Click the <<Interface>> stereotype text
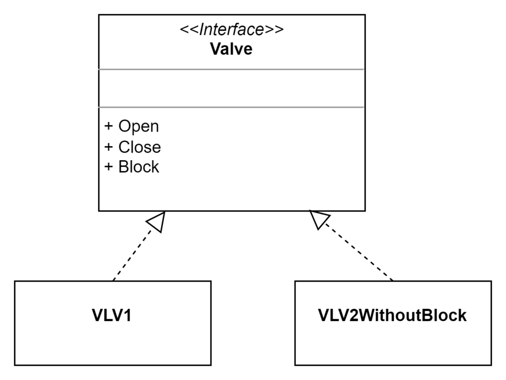pos(232,30)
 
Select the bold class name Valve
pos(231,49)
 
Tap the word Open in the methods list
pos(139,126)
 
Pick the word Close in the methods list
pos(139,147)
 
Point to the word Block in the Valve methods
pos(139,167)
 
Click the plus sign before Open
pos(109,126)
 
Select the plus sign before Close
pos(109,147)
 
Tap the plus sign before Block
pos(109,167)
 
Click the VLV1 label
pos(112,315)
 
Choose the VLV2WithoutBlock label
pos(392,315)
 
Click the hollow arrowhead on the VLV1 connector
pos(157,221)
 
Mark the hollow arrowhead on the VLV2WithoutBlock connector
pos(319,219)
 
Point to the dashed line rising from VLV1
pos(132,255)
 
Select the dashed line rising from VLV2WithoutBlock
pos(359,252)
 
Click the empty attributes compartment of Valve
pos(232,88)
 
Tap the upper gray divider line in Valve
pos(232,69)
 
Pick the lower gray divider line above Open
pos(232,107)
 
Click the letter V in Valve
pos(215,49)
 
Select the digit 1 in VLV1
pos(128,315)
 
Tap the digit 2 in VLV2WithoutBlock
pos(353,315)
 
